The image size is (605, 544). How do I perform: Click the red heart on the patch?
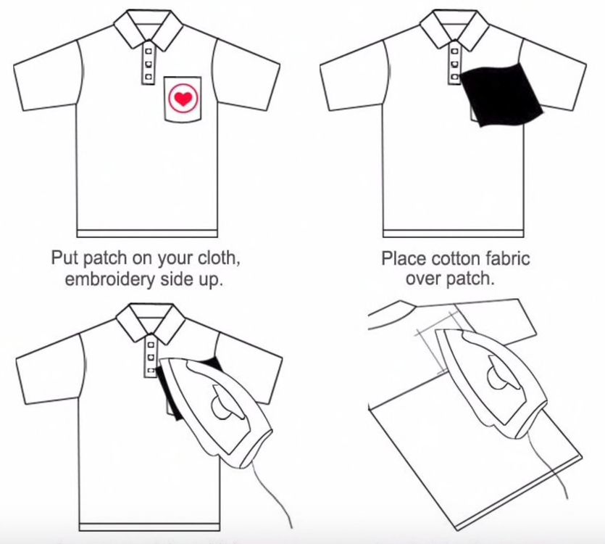tap(183, 99)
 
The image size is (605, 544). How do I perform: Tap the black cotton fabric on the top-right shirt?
tap(501, 95)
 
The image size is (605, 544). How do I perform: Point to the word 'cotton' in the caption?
tap(455, 258)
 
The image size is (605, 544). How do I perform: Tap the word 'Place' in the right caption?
tap(404, 258)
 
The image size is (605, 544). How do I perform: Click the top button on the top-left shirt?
tap(148, 50)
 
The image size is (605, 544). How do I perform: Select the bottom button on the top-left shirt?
tap(148, 76)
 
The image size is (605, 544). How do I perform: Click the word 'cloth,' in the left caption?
tap(219, 257)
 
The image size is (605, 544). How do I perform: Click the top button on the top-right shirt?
tap(454, 51)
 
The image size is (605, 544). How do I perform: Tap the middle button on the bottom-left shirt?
tap(151, 357)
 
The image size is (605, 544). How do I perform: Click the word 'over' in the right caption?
tap(421, 279)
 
